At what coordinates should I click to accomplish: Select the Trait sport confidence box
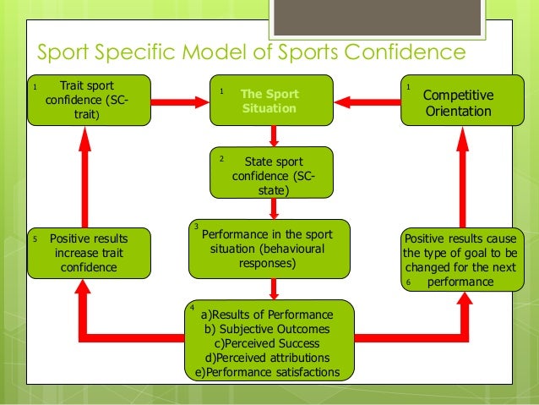tap(89, 100)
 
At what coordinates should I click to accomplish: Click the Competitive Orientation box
tap(457, 102)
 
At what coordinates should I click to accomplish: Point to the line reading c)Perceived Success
tap(267, 343)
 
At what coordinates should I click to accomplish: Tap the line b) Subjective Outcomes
tap(267, 329)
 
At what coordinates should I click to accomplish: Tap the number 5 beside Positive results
tap(33, 239)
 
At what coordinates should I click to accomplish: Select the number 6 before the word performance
tap(410, 282)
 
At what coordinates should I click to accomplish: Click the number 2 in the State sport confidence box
tap(220, 158)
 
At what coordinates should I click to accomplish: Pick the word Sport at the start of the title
tap(64, 52)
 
